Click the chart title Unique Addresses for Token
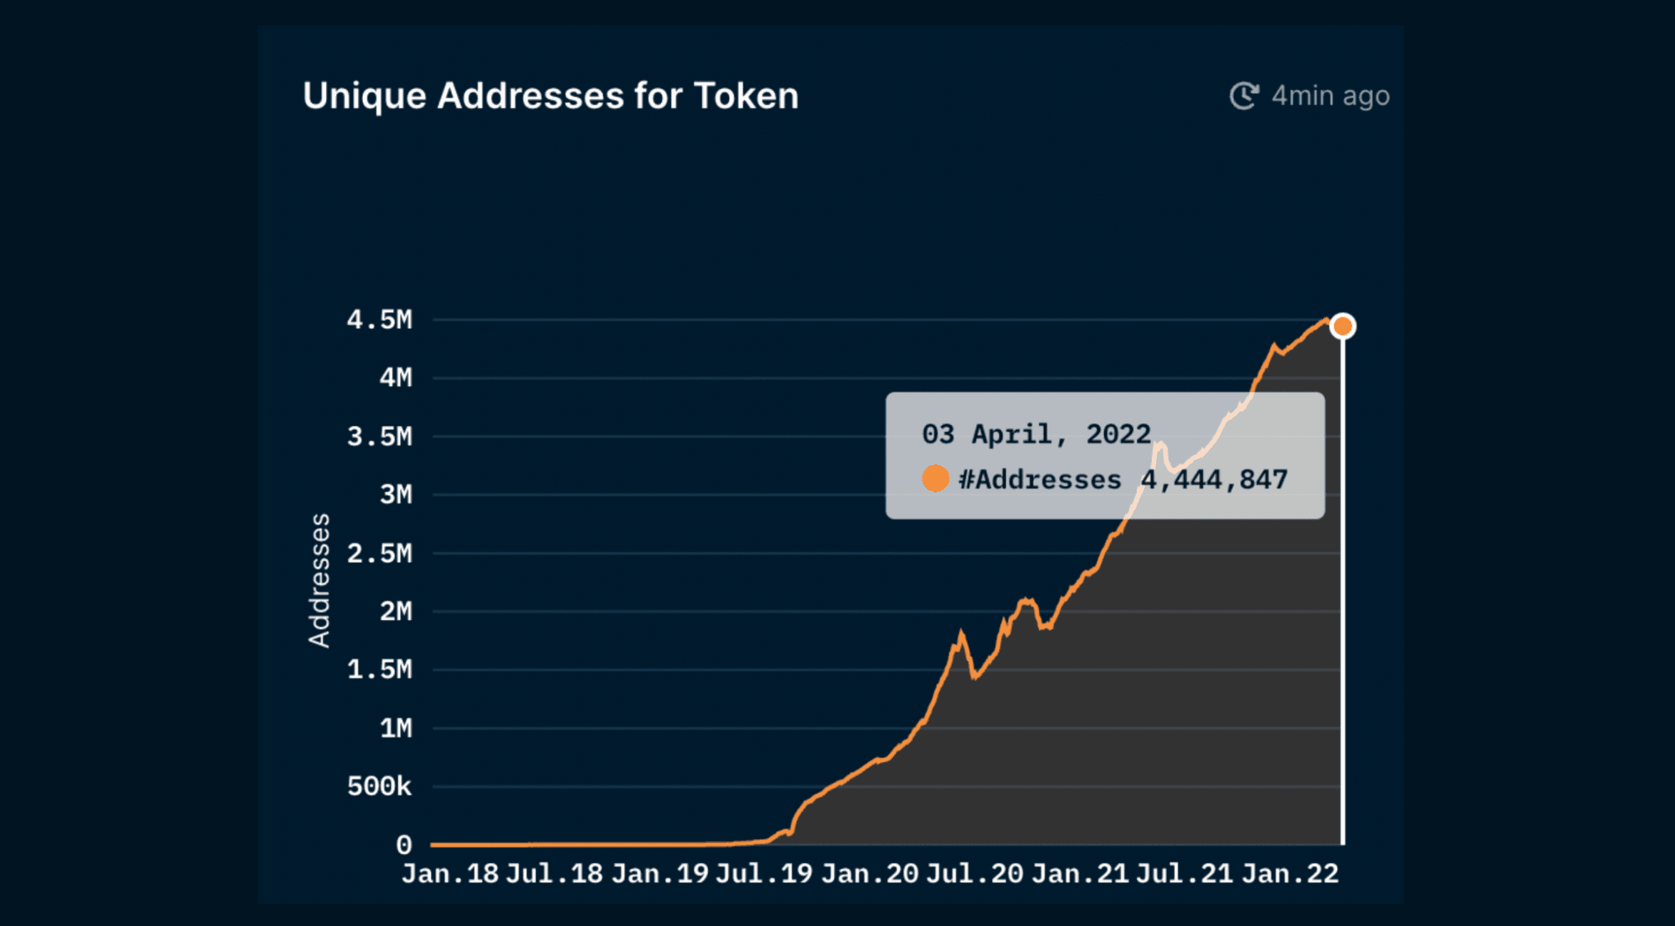(x=550, y=96)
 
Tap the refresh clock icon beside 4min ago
(x=1243, y=96)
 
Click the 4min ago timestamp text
(x=1331, y=96)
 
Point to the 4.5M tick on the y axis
(x=379, y=320)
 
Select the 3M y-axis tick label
(x=396, y=494)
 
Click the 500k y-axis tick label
(x=379, y=787)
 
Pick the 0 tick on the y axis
(x=404, y=845)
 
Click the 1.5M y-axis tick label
(x=379, y=669)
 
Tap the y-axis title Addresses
(x=319, y=580)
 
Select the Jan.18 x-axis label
(x=449, y=874)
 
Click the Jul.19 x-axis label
(x=764, y=874)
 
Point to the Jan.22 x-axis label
(x=1290, y=874)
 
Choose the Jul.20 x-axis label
(x=975, y=874)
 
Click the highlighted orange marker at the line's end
(x=1343, y=327)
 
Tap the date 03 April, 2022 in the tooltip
(x=1036, y=434)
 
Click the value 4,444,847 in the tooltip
(x=1214, y=479)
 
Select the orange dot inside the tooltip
(x=935, y=479)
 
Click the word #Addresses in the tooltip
(x=1040, y=479)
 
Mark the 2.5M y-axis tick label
(x=379, y=553)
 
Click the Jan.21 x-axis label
(x=1080, y=874)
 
